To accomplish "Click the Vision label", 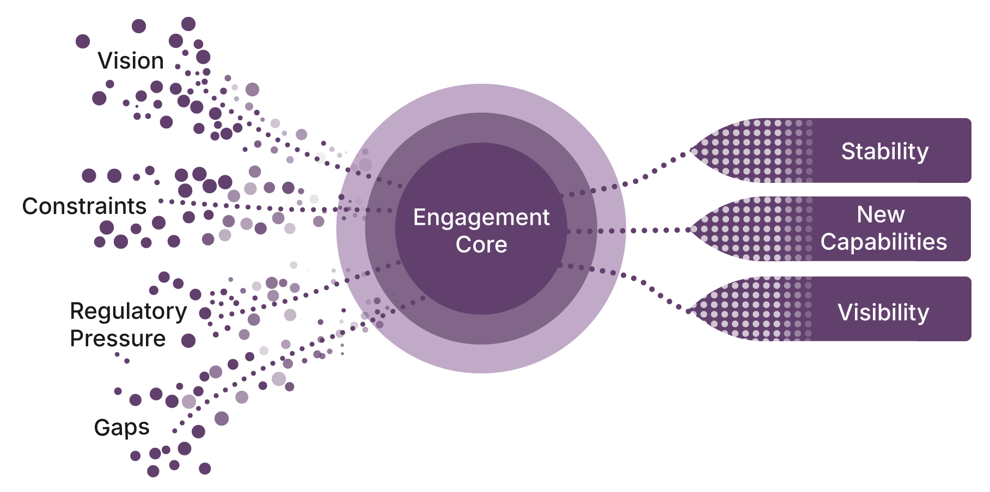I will pos(131,61).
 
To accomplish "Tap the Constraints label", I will pos(84,206).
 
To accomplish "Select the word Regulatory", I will pos(129,311).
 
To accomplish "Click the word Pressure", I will pos(118,339).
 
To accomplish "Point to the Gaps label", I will pos(121,428).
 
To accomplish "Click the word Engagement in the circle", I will pos(481,218).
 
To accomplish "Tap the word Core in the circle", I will pos(481,245).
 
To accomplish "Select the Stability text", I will pos(884,151).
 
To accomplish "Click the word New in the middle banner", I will pos(881,215).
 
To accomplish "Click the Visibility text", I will pos(883,312).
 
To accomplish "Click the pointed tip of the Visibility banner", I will pos(690,311).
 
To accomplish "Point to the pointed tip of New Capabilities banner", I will pos(690,230).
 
